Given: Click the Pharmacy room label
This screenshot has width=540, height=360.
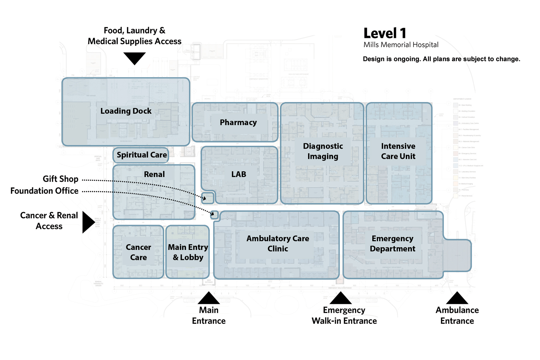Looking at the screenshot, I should [238, 122].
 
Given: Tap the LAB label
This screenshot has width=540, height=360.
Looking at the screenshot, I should [238, 174].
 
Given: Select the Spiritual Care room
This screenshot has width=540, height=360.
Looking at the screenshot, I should [142, 155].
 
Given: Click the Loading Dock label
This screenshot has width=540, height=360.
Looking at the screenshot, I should [126, 111].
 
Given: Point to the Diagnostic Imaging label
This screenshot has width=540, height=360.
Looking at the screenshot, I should [323, 151].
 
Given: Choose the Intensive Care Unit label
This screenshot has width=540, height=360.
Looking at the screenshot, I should [398, 151].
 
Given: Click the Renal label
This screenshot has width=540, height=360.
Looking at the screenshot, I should [154, 174].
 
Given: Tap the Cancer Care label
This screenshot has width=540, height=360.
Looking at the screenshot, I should [138, 252].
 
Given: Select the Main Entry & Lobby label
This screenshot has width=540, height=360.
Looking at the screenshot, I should [188, 252].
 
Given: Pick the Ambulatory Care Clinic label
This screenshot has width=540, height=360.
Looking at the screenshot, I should [277, 244].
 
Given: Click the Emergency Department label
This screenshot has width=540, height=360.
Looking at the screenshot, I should [392, 244].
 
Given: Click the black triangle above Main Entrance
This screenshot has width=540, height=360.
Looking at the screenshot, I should [209, 298].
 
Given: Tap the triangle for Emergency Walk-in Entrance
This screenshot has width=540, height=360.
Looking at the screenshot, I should [340, 298].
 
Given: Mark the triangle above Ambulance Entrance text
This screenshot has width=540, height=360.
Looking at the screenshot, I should [457, 298].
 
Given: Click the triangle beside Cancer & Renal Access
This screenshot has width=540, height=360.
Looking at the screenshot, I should [88, 222].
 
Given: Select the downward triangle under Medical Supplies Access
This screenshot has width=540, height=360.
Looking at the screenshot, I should [134, 58].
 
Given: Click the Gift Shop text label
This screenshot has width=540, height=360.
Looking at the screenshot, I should [60, 179].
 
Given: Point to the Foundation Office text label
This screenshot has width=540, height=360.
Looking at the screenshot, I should [44, 191].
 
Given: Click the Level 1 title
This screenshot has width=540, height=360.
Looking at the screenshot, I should [385, 33].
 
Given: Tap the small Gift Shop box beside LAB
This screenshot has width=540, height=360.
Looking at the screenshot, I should [208, 198].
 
